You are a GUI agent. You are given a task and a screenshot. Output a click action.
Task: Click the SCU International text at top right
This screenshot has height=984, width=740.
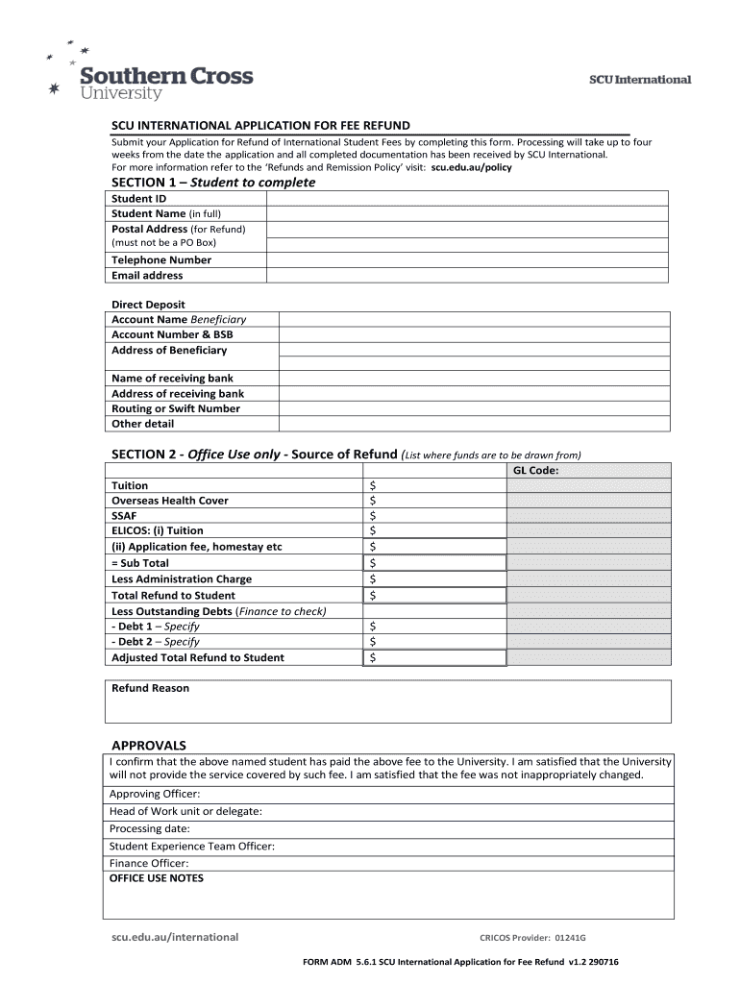tap(639, 80)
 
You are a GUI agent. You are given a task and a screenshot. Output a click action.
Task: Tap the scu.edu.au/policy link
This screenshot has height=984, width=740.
tap(472, 167)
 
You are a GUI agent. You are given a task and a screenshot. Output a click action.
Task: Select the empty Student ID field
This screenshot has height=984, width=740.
tap(468, 199)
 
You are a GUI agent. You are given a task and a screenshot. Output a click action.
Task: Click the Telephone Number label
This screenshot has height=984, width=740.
tap(161, 259)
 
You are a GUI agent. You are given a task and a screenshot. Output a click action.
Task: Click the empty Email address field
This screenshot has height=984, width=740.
tap(468, 275)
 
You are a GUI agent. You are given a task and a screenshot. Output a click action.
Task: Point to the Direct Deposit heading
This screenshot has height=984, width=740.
tap(148, 305)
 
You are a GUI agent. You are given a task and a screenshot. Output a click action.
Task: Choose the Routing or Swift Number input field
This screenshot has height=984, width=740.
tap(474, 408)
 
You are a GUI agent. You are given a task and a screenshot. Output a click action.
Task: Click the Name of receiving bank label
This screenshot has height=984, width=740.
tap(172, 378)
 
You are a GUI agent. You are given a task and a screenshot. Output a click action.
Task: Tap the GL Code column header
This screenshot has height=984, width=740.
tap(535, 471)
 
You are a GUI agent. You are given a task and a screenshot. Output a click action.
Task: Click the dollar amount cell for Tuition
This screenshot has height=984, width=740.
tap(434, 486)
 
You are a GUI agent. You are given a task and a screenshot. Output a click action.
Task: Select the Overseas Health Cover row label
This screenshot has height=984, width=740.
tap(170, 501)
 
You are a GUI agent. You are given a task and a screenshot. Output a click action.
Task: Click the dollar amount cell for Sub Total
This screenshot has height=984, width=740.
tap(434, 563)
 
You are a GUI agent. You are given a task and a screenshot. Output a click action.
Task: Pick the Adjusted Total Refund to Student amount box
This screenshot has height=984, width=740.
tap(434, 658)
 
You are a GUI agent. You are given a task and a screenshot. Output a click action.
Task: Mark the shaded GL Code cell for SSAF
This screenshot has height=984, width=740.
tap(588, 516)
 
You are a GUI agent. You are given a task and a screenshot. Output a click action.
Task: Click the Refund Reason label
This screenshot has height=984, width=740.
tap(151, 688)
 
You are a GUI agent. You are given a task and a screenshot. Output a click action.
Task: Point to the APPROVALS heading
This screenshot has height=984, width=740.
tap(149, 745)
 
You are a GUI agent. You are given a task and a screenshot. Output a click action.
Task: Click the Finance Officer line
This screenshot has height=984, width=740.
tap(149, 863)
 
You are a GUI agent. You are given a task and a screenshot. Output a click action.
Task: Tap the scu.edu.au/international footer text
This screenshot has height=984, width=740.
tap(175, 937)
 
